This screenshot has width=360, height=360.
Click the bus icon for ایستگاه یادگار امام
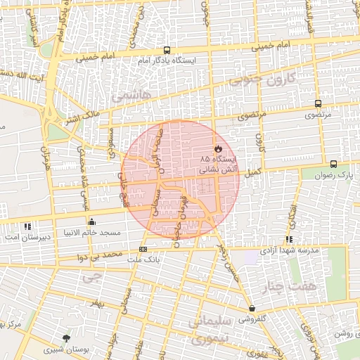pyautogui.click(x=167, y=50)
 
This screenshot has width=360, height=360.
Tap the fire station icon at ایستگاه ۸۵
pyautogui.click(x=219, y=149)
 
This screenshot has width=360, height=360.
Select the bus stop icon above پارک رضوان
pyautogui.click(x=333, y=164)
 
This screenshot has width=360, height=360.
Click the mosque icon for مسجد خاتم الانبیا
pyautogui.click(x=92, y=222)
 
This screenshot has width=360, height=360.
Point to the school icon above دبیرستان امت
pyautogui.click(x=27, y=226)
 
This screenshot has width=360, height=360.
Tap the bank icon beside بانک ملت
pyautogui.click(x=143, y=249)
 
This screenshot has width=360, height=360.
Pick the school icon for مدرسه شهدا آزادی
pyautogui.click(x=290, y=239)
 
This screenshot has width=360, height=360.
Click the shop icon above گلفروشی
pyautogui.click(x=252, y=308)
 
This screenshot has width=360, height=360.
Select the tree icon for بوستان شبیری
pyautogui.click(x=66, y=338)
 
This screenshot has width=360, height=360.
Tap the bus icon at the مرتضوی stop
pyautogui.click(x=319, y=103)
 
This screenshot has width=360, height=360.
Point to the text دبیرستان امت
pyautogui.click(x=25, y=237)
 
